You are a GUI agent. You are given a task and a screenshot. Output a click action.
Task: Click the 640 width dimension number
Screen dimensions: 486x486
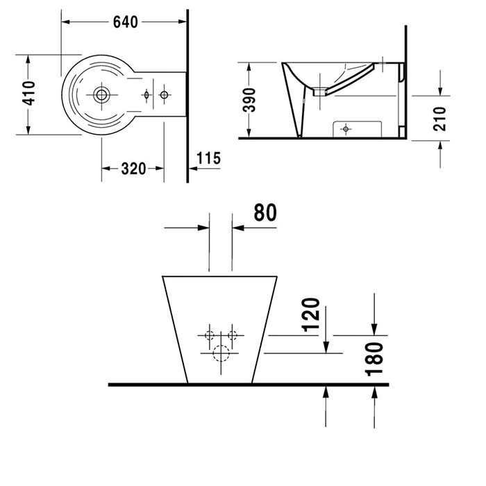pyautogui.click(x=126, y=21)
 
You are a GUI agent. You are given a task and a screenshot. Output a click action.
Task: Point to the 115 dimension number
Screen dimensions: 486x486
pyautogui.click(x=208, y=158)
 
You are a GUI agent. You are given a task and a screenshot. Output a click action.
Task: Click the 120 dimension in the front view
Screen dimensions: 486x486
pyautogui.click(x=312, y=315)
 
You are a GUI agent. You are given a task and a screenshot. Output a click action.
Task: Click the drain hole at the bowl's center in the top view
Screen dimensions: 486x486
pyautogui.click(x=102, y=94)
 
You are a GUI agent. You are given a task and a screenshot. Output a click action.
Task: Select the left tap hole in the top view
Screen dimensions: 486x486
pyautogui.click(x=147, y=94)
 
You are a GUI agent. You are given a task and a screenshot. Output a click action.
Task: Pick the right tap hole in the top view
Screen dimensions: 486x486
pyautogui.click(x=165, y=94)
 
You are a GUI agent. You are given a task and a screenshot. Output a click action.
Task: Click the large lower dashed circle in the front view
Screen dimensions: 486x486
pyautogui.click(x=221, y=353)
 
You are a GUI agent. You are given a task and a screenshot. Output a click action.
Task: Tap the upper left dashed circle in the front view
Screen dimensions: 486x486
pyautogui.click(x=209, y=336)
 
